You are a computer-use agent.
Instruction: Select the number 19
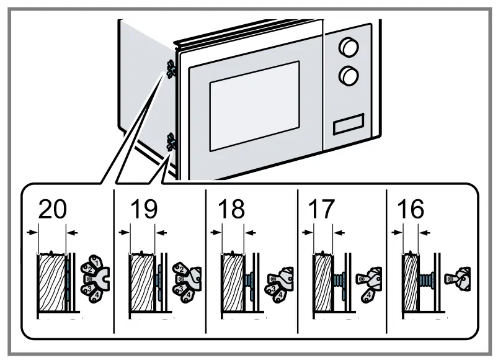point(144,210)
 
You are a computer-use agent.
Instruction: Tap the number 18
point(232,210)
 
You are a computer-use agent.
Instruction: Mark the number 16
point(410,210)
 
